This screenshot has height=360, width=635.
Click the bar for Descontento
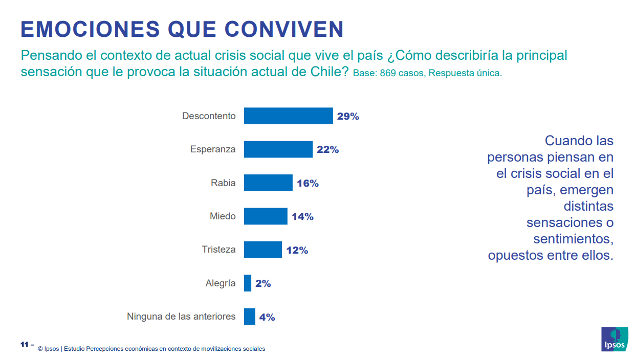[x=288, y=116]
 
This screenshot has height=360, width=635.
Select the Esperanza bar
[x=278, y=149]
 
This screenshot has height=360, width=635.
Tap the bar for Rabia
[x=268, y=183]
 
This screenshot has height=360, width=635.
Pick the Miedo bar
[x=266, y=216]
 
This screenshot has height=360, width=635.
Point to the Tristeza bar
[x=262, y=250]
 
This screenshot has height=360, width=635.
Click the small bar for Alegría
[x=248, y=283]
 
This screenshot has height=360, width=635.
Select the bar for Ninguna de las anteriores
[x=249, y=317]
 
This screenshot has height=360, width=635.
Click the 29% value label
[x=348, y=117]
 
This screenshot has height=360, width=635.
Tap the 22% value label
[x=327, y=150]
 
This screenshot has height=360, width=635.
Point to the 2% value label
[x=263, y=284]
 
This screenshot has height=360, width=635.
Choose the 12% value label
[x=297, y=251]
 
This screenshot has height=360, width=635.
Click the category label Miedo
[x=223, y=216]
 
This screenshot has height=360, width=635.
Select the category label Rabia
[x=223, y=183]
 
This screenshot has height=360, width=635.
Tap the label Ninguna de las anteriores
[x=181, y=317]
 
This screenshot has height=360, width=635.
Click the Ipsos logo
[x=615, y=339]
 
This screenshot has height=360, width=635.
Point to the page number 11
[x=24, y=344]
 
